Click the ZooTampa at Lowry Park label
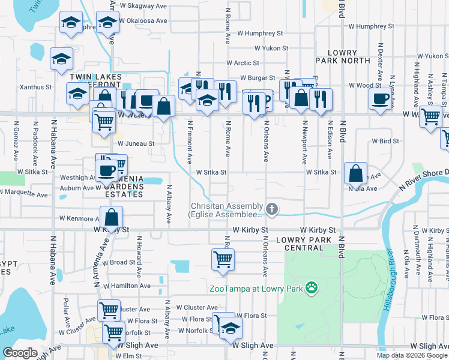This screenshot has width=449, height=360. pos(255,289)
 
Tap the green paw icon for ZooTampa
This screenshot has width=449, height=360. pos(311,289)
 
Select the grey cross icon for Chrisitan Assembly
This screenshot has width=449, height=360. pos(272,209)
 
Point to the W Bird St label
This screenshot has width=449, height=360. pos(385,142)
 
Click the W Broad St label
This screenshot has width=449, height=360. pos(118,263)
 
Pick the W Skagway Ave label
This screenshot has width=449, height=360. pos(143,6)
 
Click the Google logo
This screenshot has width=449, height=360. pos(20,353)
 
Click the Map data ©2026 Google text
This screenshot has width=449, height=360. pos(412,355)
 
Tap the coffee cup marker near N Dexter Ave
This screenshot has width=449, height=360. pos(381,99)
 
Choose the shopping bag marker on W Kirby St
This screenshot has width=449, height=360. pos(111,217)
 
